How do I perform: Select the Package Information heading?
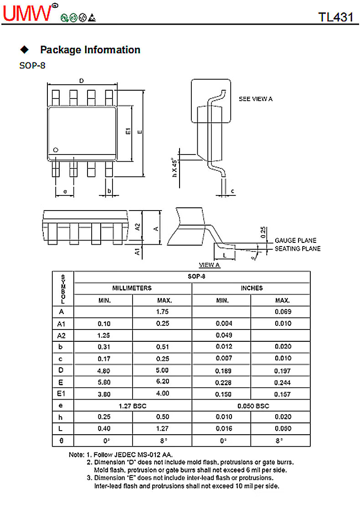[90, 50]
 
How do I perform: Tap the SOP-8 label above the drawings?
[32, 66]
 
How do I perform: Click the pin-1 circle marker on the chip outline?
[56, 150]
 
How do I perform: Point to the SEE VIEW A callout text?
[256, 99]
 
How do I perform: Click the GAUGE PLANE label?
[295, 241]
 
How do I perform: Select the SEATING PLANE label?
[297, 249]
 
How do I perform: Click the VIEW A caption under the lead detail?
[210, 265]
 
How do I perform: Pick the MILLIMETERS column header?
[132, 288]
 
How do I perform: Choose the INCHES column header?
[252, 288]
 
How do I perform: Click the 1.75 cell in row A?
[162, 312]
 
